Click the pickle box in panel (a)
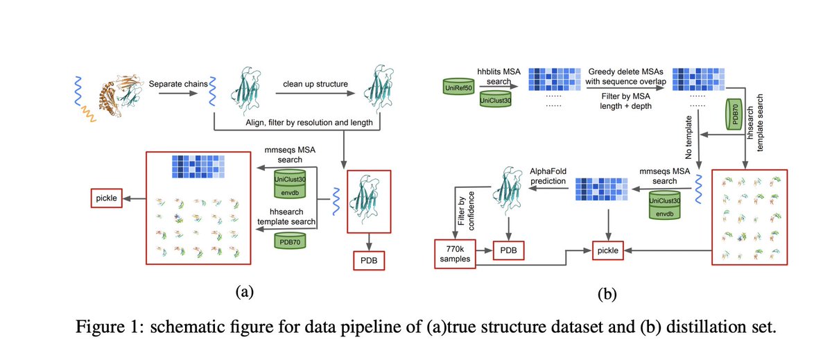pyautogui.click(x=107, y=198)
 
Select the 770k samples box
pyautogui.click(x=455, y=254)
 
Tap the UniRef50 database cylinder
pyautogui.click(x=458, y=87)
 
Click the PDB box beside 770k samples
pyautogui.click(x=508, y=250)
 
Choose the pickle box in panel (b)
pyautogui.click(x=607, y=250)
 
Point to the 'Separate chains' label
pyautogui.click(x=178, y=84)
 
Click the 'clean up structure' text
pyautogui.click(x=315, y=84)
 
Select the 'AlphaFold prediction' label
pyautogui.click(x=548, y=176)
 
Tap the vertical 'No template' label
pyautogui.click(x=688, y=137)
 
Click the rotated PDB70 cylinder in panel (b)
pyautogui.click(x=734, y=114)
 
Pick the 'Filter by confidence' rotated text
pyautogui.click(x=466, y=211)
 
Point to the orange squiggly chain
pyautogui.click(x=89, y=114)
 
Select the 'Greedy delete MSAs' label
pyautogui.click(x=626, y=71)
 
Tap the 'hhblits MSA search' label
pyautogui.click(x=499, y=76)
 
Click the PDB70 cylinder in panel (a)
pyautogui.click(x=290, y=241)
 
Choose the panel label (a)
pyautogui.click(x=245, y=292)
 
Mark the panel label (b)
pyautogui.click(x=607, y=294)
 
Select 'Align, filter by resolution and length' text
pyautogui.click(x=309, y=123)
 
